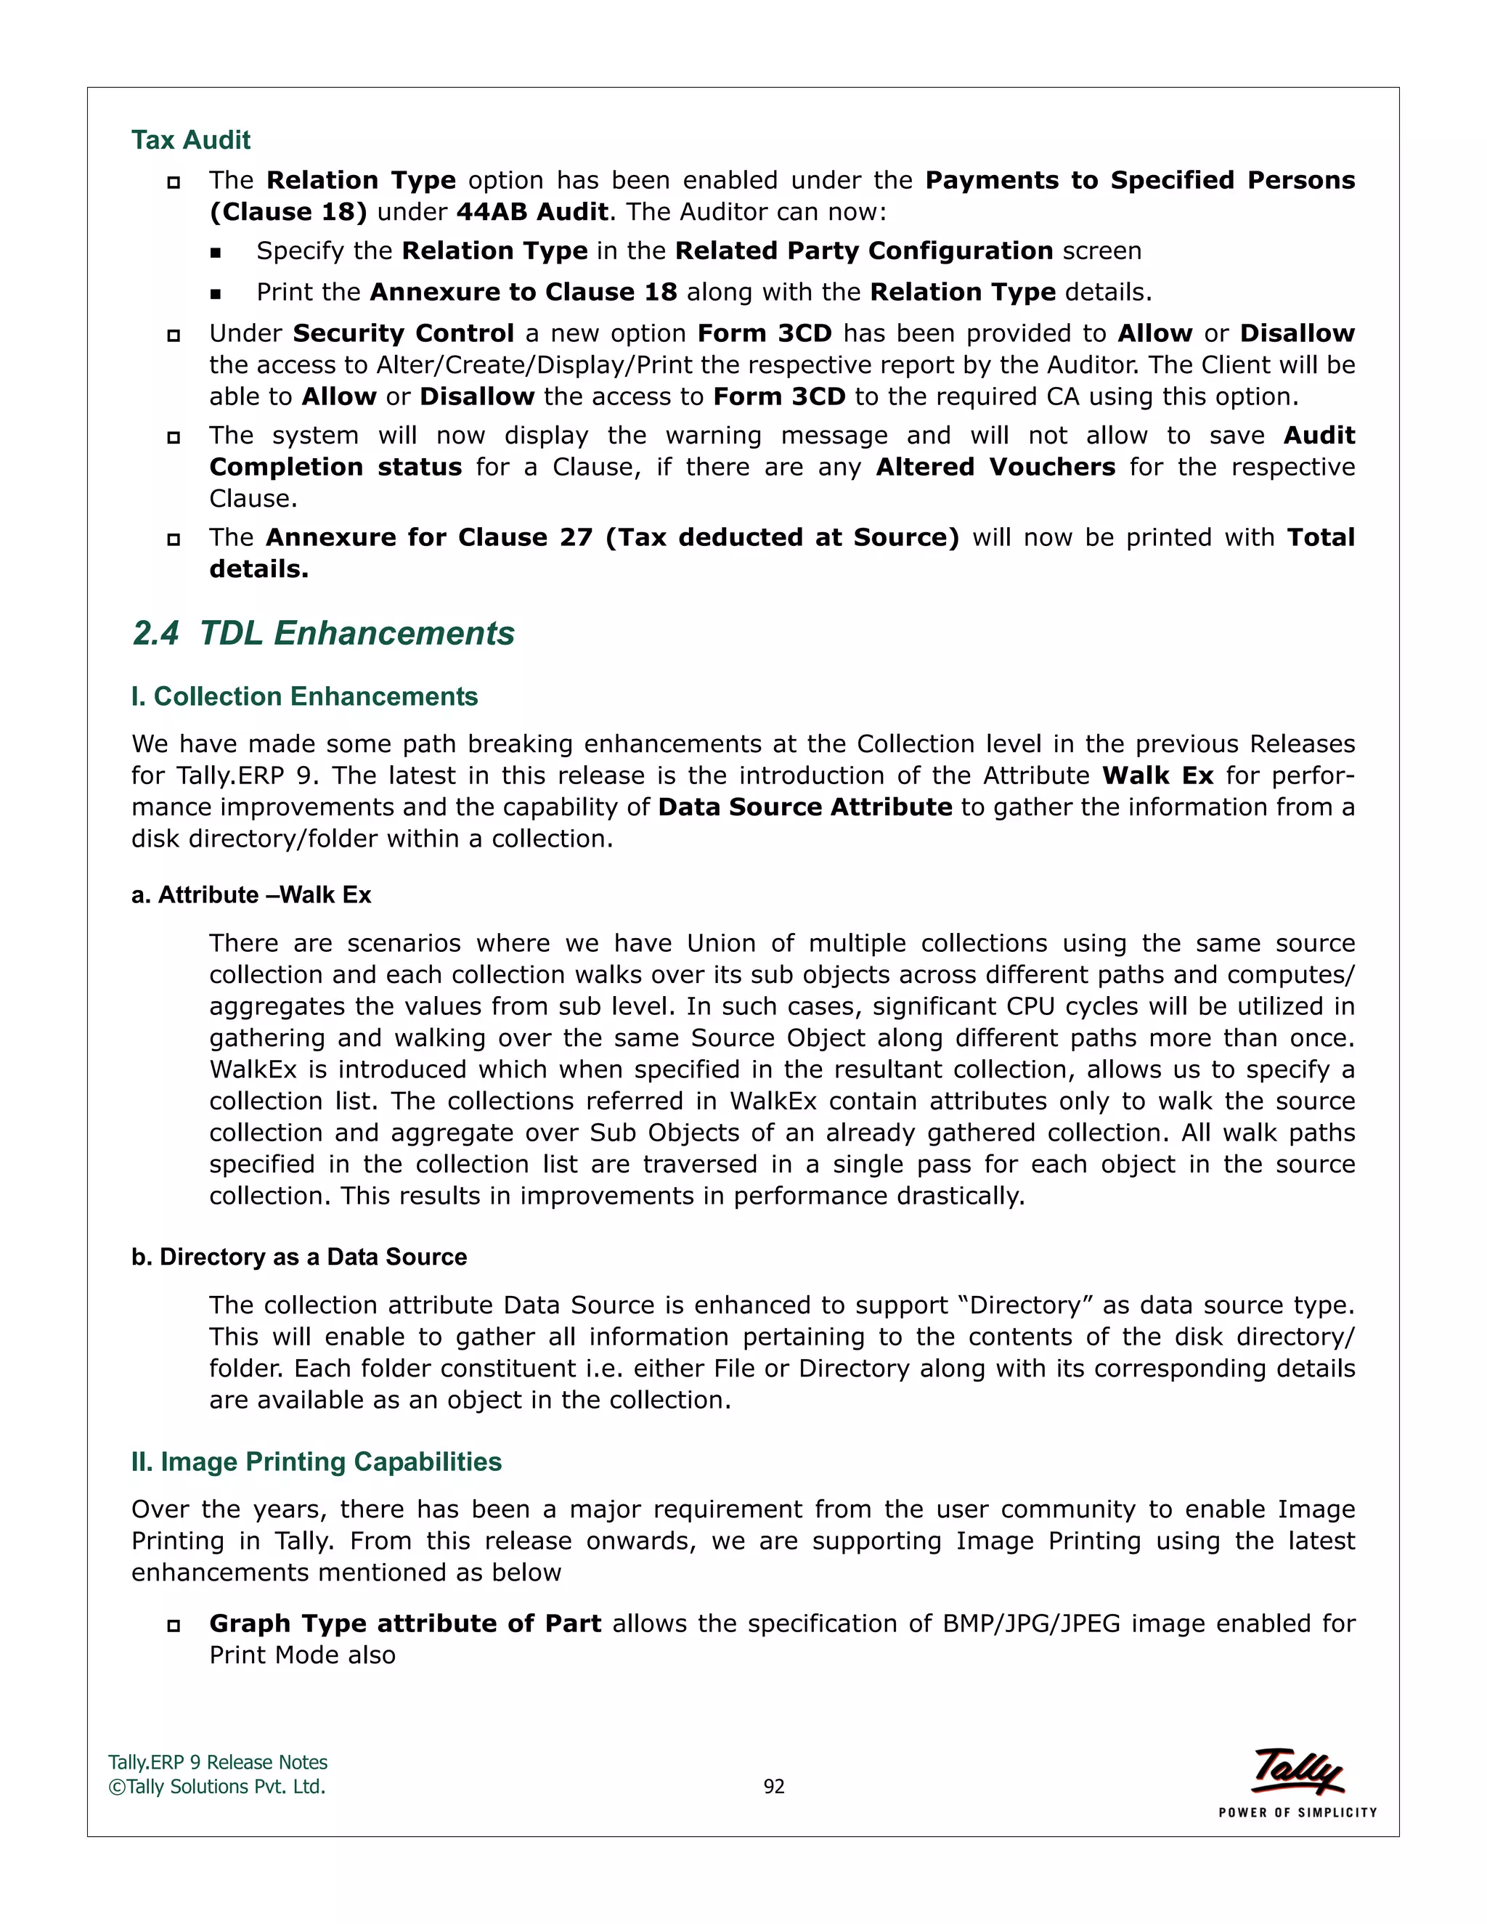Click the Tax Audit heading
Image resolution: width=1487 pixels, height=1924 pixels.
point(190,140)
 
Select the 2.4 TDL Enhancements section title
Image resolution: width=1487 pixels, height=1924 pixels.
point(323,633)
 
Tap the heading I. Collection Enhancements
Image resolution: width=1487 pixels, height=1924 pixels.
point(304,697)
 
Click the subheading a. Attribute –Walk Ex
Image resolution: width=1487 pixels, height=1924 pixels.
point(251,895)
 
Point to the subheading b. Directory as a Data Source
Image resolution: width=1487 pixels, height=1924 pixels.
point(298,1257)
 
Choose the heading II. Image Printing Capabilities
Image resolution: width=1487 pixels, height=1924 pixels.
point(317,1462)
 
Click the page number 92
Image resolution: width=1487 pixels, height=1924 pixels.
point(773,1786)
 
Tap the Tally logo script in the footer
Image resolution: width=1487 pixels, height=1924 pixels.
point(1297,1771)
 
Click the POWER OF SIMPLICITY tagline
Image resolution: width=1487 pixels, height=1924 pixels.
point(1297,1812)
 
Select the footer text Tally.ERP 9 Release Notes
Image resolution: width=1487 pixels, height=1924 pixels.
point(218,1762)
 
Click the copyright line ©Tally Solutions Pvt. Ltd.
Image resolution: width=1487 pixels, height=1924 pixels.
point(216,1787)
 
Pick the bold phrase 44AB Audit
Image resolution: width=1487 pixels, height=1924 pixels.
point(532,212)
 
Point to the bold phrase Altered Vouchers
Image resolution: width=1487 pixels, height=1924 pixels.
point(995,467)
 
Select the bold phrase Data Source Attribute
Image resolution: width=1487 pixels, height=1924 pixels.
point(804,808)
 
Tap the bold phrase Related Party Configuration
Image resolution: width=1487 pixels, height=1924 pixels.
point(863,251)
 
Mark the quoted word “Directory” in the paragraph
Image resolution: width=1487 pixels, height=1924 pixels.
point(1025,1305)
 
